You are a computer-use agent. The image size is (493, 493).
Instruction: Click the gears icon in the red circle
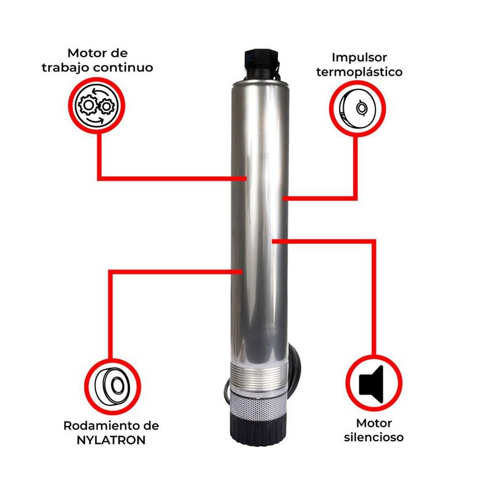97,106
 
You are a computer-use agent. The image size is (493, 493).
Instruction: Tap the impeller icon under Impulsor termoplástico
357,108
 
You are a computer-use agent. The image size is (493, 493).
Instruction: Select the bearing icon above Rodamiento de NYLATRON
113,386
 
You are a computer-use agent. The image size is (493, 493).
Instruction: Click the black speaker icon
372,384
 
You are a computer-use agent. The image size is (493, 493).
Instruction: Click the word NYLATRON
111,440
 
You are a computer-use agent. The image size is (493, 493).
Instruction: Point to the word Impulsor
359,57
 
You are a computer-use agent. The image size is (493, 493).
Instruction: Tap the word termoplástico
359,72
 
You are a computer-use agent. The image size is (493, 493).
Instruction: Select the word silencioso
373,437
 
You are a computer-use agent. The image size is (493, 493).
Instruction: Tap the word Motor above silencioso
374,423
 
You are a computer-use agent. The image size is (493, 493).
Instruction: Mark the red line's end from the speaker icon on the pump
273,241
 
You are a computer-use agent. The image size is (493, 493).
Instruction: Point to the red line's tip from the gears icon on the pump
245,179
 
